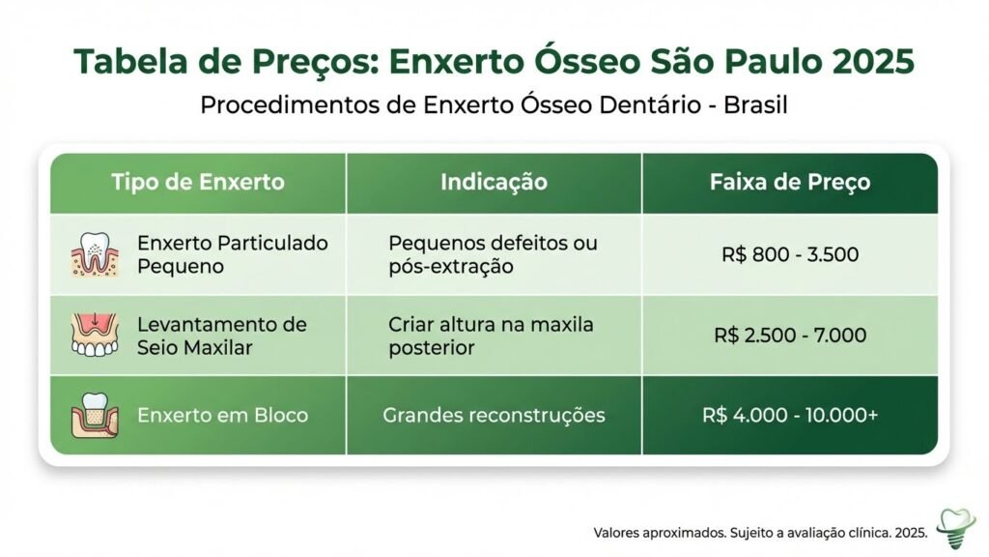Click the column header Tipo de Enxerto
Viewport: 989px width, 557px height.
(x=197, y=182)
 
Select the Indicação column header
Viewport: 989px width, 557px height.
(x=494, y=182)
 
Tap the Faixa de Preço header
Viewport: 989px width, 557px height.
(x=789, y=182)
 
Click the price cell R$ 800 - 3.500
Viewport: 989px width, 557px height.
(x=789, y=255)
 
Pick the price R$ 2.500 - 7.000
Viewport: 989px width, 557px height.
(x=789, y=336)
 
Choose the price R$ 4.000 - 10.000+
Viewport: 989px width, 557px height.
(x=789, y=416)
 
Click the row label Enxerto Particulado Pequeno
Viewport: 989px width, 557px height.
(x=233, y=254)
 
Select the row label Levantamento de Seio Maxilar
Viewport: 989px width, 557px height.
(x=221, y=335)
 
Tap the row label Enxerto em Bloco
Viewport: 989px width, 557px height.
(x=222, y=416)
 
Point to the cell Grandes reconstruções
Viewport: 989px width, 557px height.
(x=494, y=416)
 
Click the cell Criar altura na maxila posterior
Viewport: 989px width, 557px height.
(x=491, y=335)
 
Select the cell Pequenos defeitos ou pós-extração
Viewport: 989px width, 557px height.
(x=493, y=254)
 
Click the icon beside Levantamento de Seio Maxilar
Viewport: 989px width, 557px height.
(x=95, y=335)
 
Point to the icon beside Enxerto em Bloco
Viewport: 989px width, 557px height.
(x=95, y=416)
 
